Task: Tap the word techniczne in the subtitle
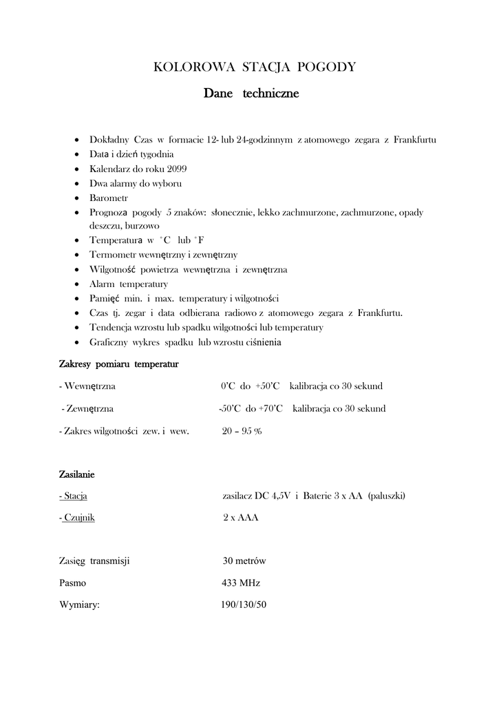[x=270, y=94]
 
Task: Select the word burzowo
[x=142, y=226]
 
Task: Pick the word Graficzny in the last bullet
[x=111, y=342]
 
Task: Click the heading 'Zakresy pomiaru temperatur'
[x=119, y=364]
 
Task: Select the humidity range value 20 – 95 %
[x=242, y=431]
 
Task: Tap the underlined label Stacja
[x=76, y=496]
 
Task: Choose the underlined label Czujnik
[x=78, y=517]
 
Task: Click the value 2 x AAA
[x=240, y=517]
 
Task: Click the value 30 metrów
[x=244, y=560]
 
